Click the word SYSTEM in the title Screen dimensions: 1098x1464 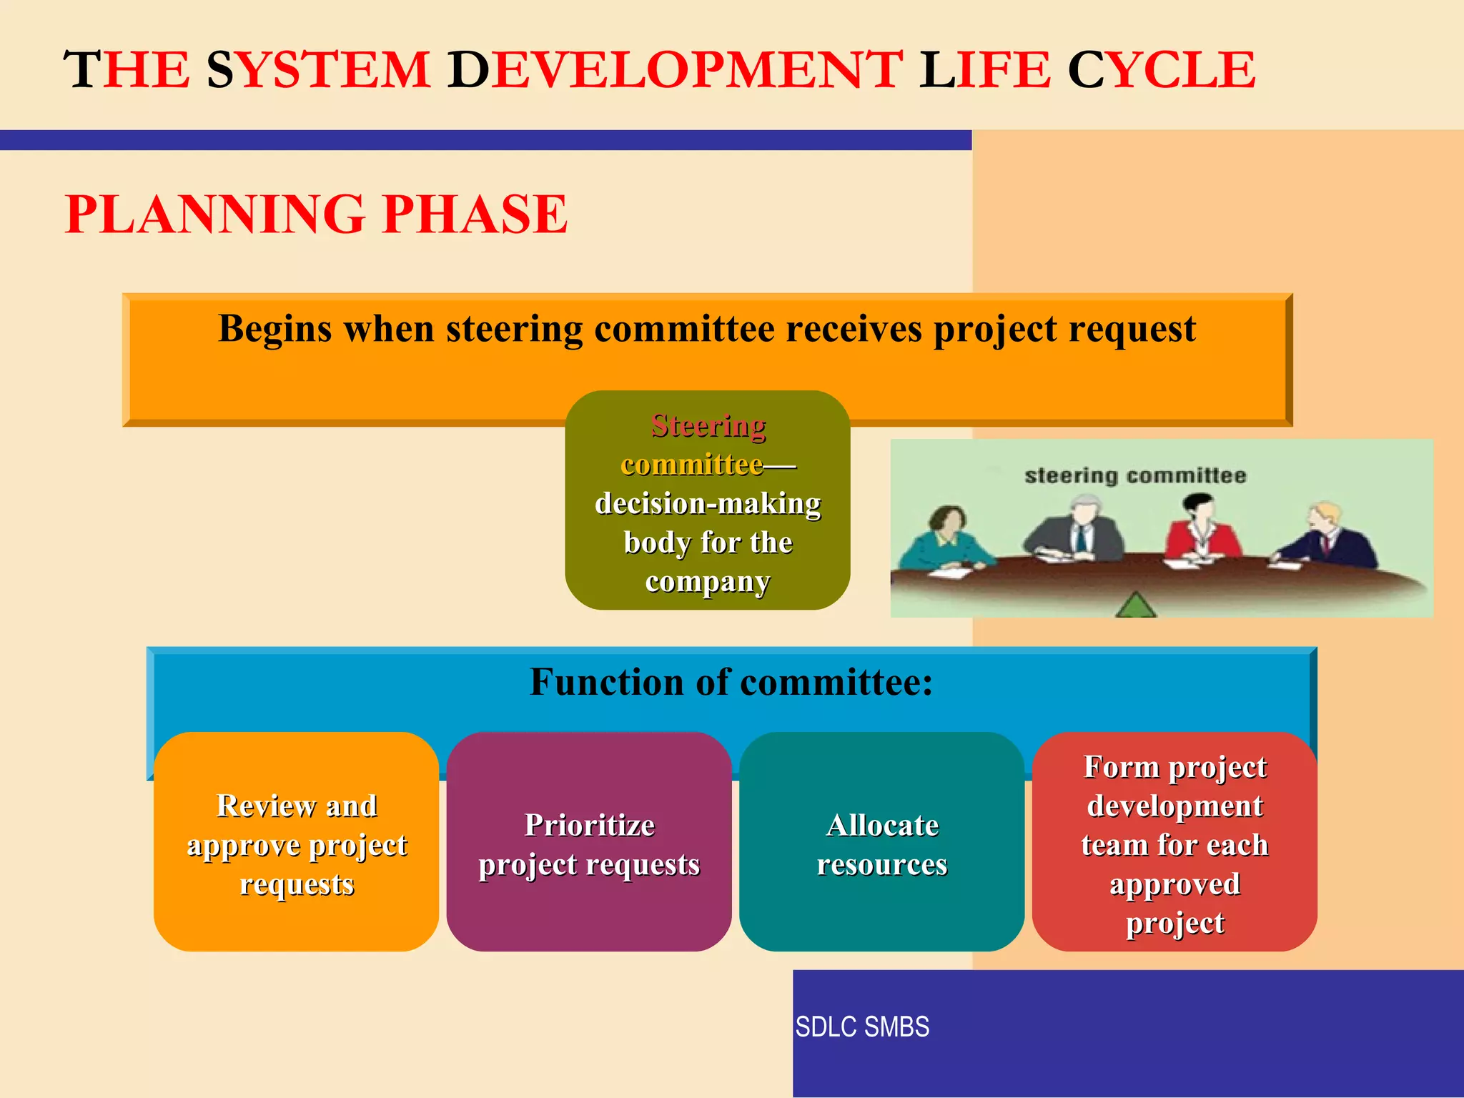[318, 70]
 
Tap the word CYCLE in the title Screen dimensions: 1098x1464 [1161, 70]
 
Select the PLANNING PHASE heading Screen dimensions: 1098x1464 [316, 214]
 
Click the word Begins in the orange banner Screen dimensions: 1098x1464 [275, 330]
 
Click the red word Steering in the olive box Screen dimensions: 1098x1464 [708, 426]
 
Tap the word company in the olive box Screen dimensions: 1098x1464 [707, 582]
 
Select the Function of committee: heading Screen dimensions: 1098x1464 [731, 682]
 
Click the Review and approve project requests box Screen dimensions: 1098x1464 [296, 842]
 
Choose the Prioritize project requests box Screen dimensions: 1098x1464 [589, 842]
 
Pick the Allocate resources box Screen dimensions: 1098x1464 [881, 842]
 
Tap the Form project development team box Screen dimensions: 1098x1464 [1174, 842]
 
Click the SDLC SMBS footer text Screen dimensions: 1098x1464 [862, 1027]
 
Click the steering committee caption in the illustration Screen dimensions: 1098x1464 [1134, 476]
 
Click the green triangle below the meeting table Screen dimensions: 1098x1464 [1135, 605]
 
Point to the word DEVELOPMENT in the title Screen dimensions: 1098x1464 [675, 70]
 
